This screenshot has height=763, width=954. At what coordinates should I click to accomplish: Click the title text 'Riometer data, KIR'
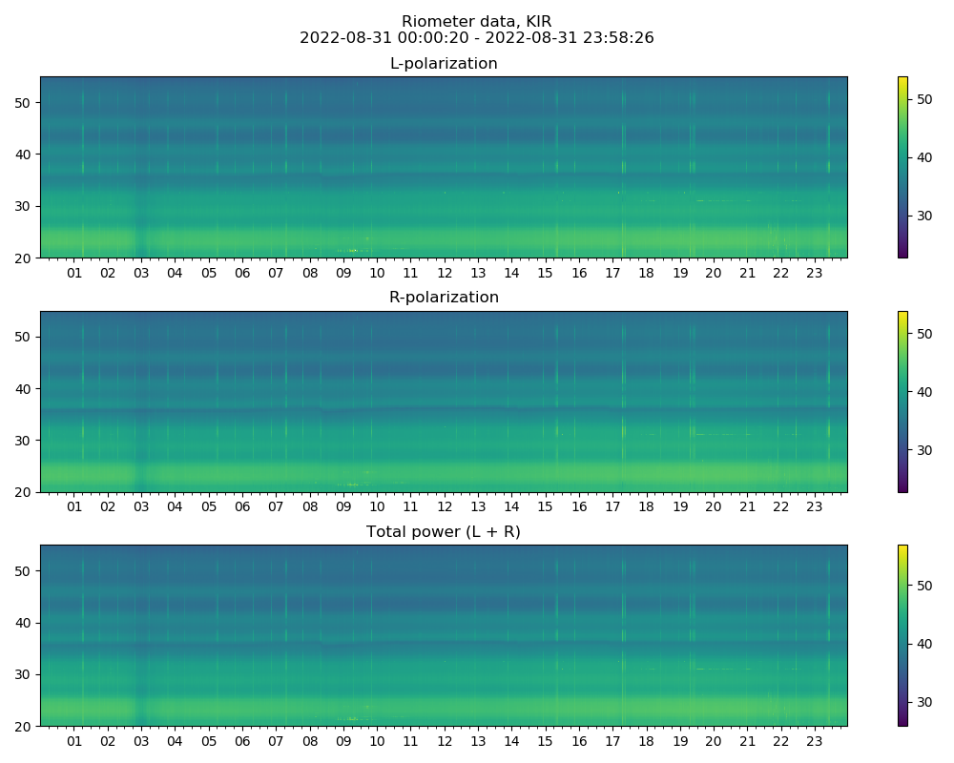476,22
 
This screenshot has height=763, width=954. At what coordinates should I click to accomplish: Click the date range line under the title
476,38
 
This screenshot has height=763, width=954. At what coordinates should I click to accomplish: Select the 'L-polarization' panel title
444,64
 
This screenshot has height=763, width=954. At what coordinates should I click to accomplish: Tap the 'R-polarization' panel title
444,298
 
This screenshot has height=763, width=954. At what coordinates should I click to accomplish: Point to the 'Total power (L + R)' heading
444,532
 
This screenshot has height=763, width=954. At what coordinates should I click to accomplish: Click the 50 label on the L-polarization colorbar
923,99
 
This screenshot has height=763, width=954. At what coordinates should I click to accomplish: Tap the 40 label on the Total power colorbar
923,644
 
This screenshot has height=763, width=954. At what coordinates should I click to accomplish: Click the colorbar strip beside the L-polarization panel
902,167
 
